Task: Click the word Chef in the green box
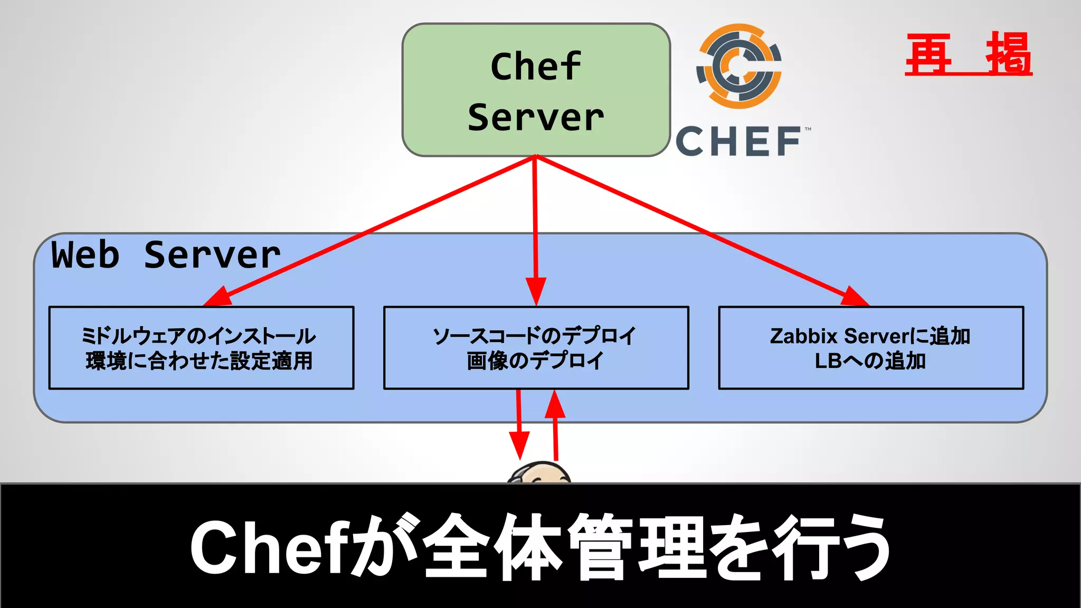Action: click(x=536, y=67)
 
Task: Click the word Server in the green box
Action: click(x=536, y=118)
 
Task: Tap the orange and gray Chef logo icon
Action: click(x=739, y=66)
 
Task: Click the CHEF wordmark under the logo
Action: click(x=739, y=141)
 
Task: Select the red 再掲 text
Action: click(x=969, y=54)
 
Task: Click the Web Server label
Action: click(x=166, y=255)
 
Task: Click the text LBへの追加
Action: click(x=870, y=362)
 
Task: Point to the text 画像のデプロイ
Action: click(x=535, y=362)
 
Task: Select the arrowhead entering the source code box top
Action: click(x=536, y=291)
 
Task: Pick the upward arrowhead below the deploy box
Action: click(x=555, y=405)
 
